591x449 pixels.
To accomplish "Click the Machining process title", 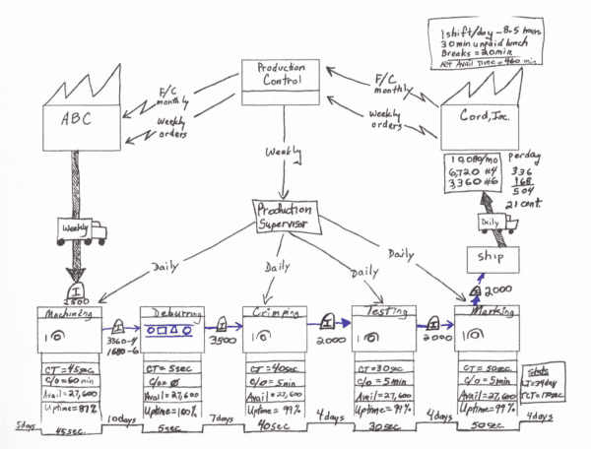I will (63, 314).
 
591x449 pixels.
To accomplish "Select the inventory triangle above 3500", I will (225, 323).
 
